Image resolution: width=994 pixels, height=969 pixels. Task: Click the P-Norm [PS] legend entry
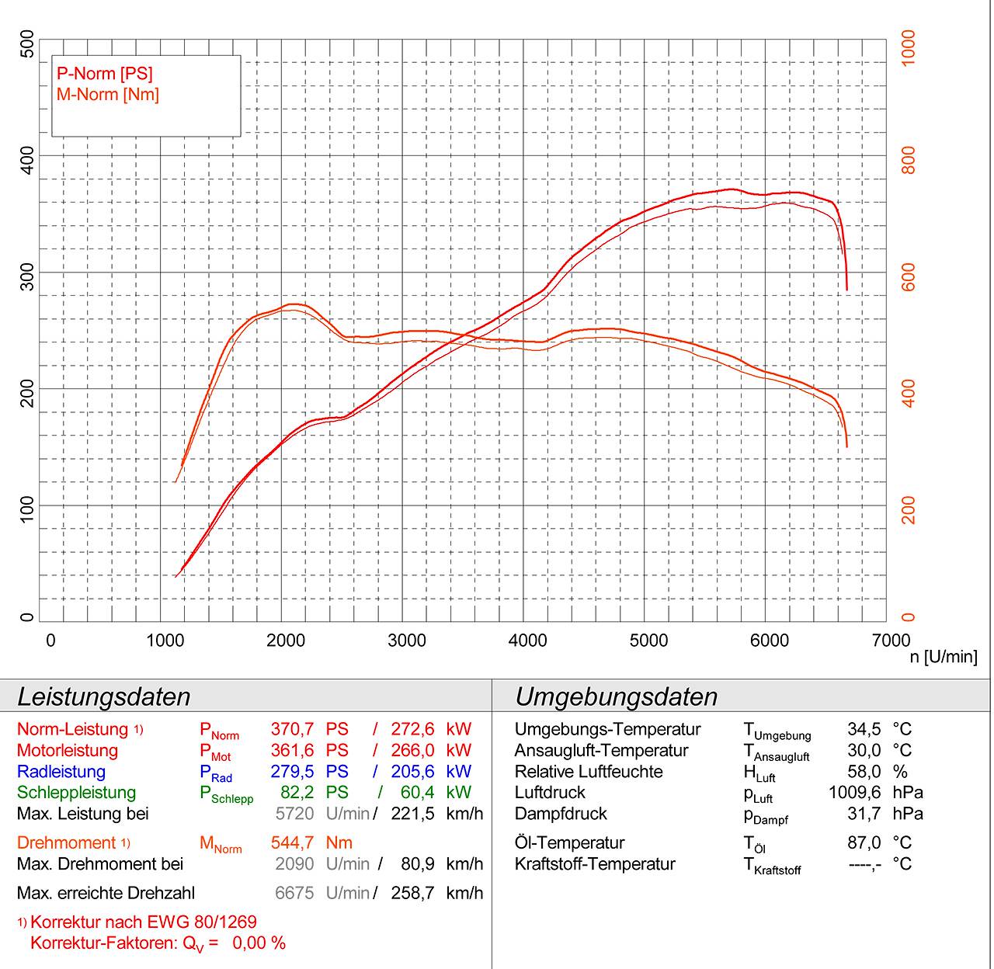105,74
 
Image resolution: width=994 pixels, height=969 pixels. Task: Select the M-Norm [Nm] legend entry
108,95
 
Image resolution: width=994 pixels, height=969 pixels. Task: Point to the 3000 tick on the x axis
406,641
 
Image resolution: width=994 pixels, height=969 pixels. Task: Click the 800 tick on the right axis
909,160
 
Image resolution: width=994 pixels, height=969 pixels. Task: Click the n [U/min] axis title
944,658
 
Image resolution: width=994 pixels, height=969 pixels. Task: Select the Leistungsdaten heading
103,696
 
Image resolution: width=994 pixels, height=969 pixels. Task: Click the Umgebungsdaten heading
616,696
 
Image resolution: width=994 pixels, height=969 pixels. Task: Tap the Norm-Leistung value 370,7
292,730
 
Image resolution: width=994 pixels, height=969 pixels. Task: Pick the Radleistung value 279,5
292,772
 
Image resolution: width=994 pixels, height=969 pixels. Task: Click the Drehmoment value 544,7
292,843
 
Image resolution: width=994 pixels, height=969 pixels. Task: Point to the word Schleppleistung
76,793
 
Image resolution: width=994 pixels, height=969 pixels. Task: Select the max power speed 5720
294,814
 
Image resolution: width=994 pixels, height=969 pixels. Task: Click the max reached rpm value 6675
294,893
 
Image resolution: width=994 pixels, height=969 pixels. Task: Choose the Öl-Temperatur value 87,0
864,843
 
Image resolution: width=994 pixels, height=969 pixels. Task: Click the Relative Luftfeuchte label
588,772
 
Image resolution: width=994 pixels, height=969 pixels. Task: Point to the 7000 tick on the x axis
890,641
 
